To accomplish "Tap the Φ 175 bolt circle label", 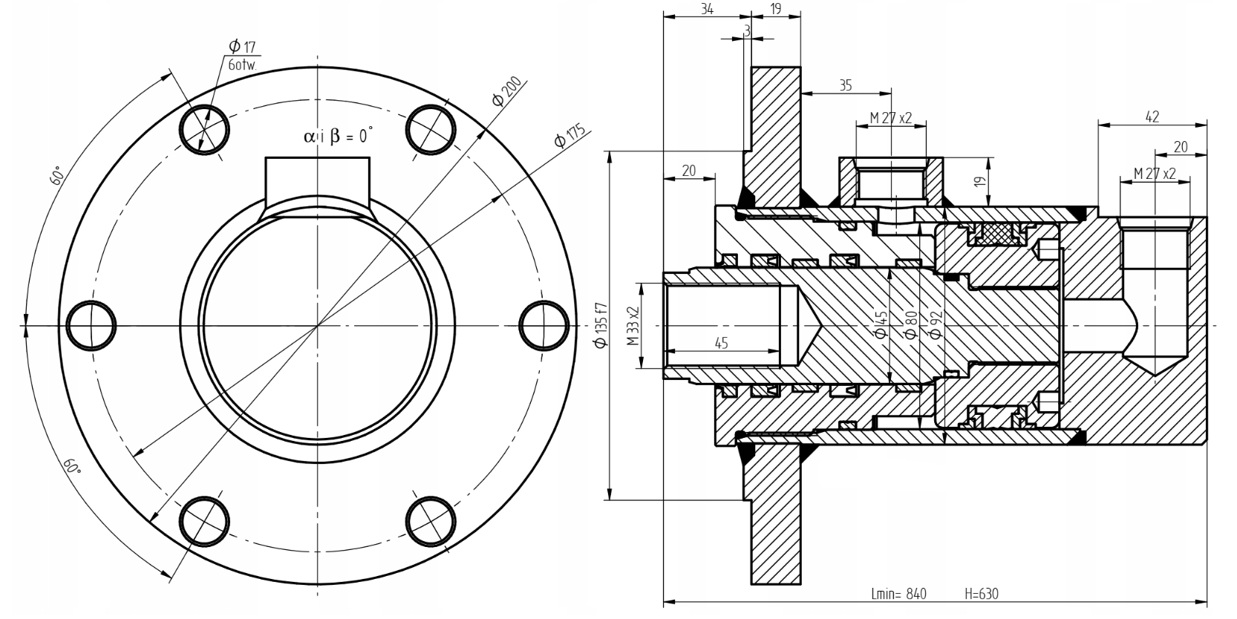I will pos(569,137).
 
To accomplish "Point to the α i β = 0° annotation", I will pos(337,136).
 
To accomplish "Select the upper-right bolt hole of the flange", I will pos(431,129).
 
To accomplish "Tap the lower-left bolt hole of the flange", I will pos(204,520).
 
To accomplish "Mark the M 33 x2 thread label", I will pos(632,326).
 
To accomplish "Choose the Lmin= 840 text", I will pos(898,594).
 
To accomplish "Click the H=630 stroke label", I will pos(982,594).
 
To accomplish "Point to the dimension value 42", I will pos(1152,117).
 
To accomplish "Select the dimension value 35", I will pos(845,85).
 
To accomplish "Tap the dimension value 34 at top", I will pos(707,9).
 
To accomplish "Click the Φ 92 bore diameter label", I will pos(935,324).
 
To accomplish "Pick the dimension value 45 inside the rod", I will pos(721,343).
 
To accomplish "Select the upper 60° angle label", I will pos(56,176).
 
